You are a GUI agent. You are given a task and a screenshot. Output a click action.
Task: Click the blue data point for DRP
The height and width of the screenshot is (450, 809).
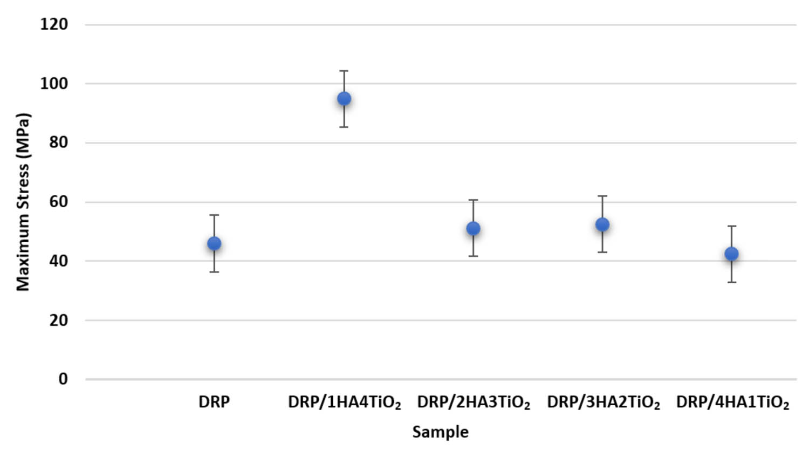(214, 244)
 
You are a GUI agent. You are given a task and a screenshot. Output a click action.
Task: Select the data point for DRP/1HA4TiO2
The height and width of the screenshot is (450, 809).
(344, 99)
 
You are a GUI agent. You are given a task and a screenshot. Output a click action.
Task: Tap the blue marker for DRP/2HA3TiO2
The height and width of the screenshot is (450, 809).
(473, 229)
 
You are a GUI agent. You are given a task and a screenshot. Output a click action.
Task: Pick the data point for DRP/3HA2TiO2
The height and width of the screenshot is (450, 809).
(602, 224)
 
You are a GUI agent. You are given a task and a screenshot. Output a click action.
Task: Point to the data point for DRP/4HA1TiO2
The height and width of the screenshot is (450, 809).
(731, 254)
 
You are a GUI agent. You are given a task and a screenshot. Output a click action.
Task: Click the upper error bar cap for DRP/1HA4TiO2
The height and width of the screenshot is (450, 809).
(344, 71)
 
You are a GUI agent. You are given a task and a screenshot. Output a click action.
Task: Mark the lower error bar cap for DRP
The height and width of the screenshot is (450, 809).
(214, 272)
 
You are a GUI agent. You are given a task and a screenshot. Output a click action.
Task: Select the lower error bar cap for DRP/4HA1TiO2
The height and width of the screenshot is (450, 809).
(731, 282)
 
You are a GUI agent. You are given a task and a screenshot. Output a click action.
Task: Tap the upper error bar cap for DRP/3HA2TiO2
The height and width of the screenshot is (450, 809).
(602, 196)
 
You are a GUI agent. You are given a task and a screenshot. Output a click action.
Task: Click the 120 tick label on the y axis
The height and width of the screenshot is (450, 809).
(54, 24)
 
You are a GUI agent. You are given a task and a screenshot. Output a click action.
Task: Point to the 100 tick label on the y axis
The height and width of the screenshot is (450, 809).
(54, 84)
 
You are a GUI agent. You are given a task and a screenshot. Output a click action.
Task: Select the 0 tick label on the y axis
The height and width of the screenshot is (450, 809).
(63, 379)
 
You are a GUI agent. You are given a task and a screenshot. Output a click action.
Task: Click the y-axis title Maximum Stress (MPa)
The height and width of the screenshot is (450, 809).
(23, 202)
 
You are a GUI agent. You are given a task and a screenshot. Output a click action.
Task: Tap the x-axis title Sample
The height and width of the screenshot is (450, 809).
(440, 432)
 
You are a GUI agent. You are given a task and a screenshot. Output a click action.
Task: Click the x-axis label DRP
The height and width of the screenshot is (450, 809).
(214, 402)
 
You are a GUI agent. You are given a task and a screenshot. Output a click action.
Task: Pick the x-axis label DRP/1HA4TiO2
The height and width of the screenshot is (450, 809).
(344, 403)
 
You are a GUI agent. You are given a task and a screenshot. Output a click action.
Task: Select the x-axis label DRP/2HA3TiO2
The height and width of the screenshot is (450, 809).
(473, 403)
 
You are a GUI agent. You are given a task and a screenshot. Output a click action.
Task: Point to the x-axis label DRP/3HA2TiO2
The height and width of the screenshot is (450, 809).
(603, 403)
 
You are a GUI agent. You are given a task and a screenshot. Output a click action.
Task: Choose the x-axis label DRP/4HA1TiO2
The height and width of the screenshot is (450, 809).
(732, 403)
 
